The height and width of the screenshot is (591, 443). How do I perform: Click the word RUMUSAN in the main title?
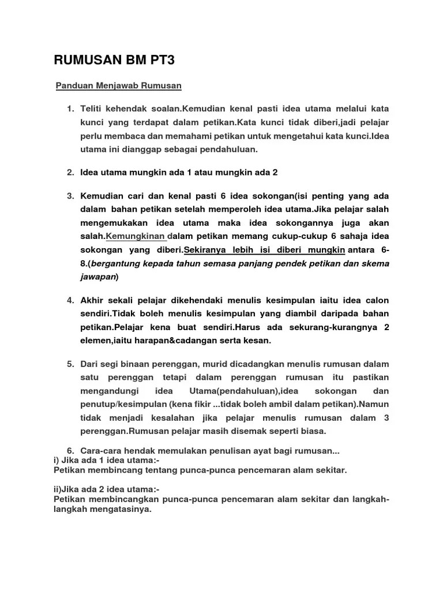point(82,61)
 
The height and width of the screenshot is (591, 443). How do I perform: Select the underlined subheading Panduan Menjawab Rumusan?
point(118,86)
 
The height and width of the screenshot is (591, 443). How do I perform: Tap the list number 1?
point(69,109)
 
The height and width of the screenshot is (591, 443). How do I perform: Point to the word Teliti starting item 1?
point(92,109)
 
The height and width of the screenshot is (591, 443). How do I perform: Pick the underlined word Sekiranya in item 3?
point(203,250)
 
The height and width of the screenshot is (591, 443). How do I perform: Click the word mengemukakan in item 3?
point(111,223)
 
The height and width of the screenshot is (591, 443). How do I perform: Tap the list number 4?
point(69,300)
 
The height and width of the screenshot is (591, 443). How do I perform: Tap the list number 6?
point(69,450)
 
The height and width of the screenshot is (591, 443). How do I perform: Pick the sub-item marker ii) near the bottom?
point(58,488)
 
